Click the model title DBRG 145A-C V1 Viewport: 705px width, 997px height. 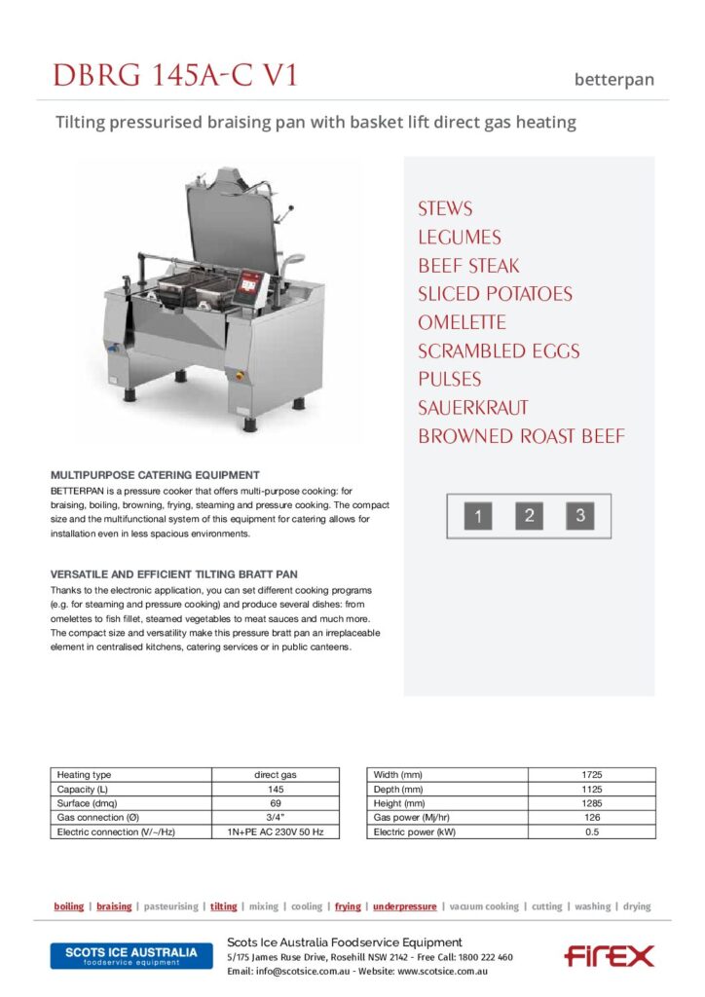tap(174, 75)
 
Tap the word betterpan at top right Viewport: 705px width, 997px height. tap(613, 80)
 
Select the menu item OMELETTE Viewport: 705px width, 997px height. tap(462, 322)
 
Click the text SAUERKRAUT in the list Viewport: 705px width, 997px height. tap(473, 408)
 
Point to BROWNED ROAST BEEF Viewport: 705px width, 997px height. tap(521, 436)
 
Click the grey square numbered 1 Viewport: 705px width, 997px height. tap(478, 516)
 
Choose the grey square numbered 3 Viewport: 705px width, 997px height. tap(579, 516)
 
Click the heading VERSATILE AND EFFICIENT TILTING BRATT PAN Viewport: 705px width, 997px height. tap(173, 574)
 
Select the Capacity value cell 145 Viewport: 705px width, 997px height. tap(275, 789)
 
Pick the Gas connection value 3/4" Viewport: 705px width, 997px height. tap(275, 818)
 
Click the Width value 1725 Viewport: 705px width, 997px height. tap(591, 774)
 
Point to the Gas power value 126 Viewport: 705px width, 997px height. tap(591, 818)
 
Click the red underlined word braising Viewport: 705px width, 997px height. tap(114, 906)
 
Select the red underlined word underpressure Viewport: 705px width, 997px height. tap(404, 906)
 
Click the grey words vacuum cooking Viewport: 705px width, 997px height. tap(484, 906)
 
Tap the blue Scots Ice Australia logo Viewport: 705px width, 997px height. tap(130, 955)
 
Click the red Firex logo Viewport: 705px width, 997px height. tap(609, 955)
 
